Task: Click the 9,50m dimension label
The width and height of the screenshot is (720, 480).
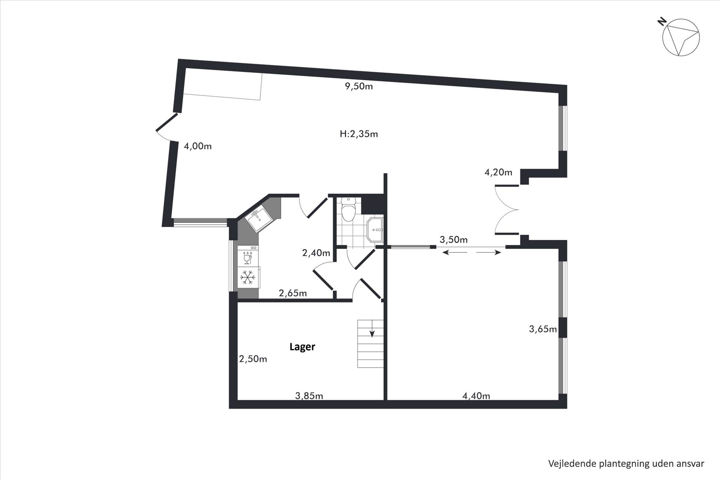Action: (359, 87)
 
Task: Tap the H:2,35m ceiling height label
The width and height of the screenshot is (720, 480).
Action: (359, 134)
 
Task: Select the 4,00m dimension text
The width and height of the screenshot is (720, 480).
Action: (198, 146)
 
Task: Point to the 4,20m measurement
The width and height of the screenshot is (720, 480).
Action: (498, 172)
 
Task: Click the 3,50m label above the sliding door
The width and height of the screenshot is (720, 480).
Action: (454, 240)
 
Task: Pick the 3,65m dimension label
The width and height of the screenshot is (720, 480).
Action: (543, 329)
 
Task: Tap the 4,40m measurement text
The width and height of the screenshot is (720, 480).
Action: (476, 396)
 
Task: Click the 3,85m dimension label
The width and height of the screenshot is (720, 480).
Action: (309, 396)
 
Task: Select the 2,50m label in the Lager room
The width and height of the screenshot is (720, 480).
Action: (253, 359)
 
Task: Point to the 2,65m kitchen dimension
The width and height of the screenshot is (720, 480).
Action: (293, 293)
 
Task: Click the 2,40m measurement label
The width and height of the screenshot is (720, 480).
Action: (316, 253)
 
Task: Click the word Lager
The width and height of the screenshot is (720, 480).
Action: (302, 347)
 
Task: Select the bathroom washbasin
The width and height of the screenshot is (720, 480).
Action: (375, 229)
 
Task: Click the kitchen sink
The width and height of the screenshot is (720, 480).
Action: (258, 220)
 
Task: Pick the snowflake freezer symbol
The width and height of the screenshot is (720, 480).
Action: (247, 277)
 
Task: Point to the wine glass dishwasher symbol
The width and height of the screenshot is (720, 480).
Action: (247, 258)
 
